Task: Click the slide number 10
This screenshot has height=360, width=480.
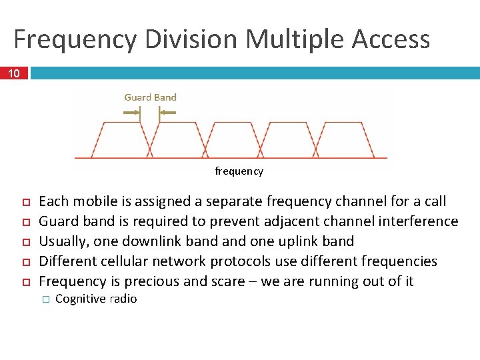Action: [x=14, y=73]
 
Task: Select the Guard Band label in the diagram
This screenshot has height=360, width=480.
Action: [x=150, y=97]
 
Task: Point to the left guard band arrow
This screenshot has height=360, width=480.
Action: [x=131, y=113]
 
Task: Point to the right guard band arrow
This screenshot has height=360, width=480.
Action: [x=167, y=113]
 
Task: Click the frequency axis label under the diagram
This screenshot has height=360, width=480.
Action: [x=239, y=171]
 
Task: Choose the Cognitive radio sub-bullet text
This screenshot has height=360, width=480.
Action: [x=96, y=299]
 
